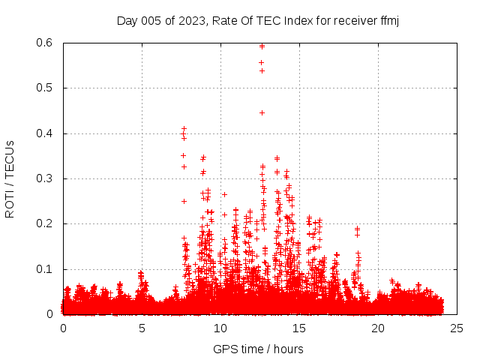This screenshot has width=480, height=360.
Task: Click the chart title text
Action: click(258, 20)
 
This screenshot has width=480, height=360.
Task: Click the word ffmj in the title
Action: click(388, 20)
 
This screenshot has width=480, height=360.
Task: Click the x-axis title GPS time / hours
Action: click(258, 349)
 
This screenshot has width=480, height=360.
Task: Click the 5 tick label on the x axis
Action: click(142, 328)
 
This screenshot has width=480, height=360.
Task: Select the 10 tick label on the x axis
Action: click(220, 328)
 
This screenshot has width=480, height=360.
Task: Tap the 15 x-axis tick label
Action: click(299, 328)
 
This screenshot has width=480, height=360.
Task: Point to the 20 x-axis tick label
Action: click(378, 328)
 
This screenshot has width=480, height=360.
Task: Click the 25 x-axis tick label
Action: click(457, 328)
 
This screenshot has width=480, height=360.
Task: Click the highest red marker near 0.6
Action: click(262, 46)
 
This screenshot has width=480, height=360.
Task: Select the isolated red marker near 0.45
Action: click(262, 112)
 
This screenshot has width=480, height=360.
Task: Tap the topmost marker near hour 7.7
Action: click(184, 129)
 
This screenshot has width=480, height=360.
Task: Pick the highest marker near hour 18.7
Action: click(357, 228)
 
